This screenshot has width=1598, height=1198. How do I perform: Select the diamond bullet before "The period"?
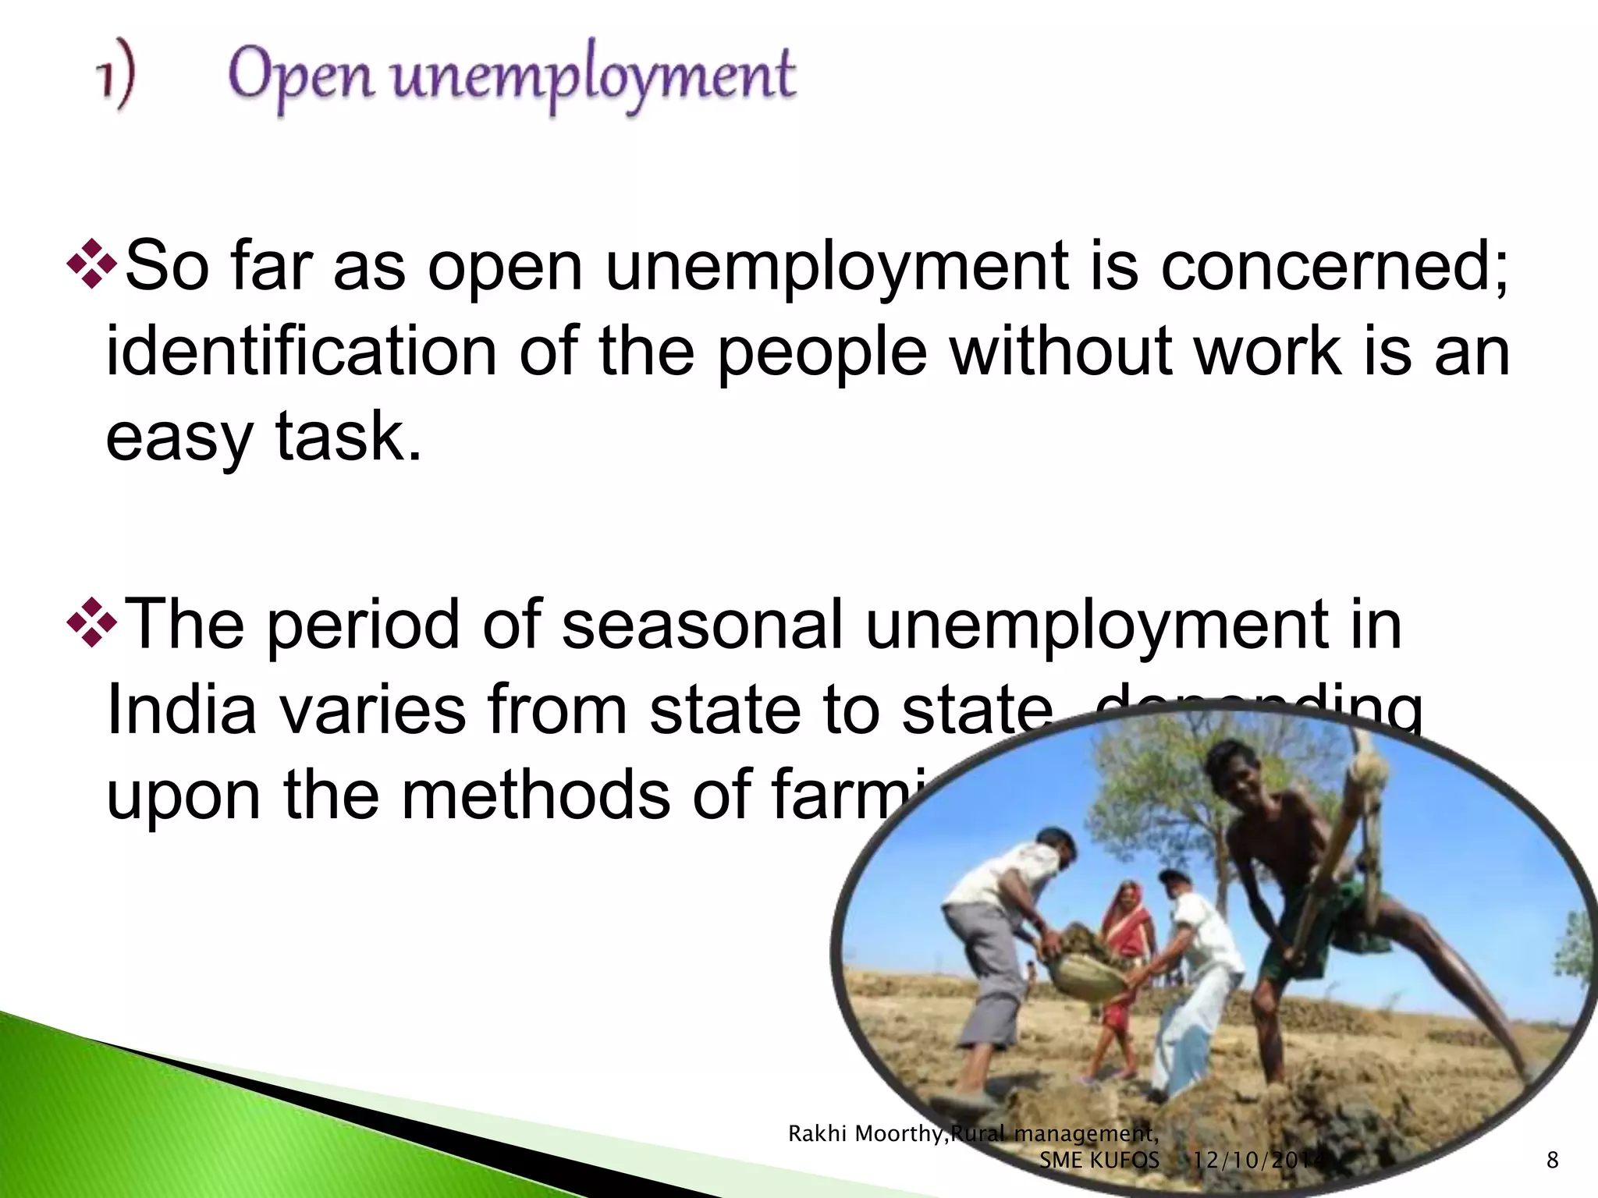(x=91, y=622)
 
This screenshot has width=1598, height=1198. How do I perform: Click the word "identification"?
(x=301, y=352)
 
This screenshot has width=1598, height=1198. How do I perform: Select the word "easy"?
(x=179, y=439)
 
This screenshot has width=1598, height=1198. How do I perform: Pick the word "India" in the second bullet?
(x=181, y=710)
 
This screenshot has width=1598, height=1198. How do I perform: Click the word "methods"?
(x=536, y=795)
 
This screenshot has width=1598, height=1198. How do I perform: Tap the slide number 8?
(x=1552, y=1160)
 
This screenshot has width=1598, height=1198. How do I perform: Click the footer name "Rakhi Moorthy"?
(x=865, y=1133)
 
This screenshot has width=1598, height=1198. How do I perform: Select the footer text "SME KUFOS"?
(x=1099, y=1160)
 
